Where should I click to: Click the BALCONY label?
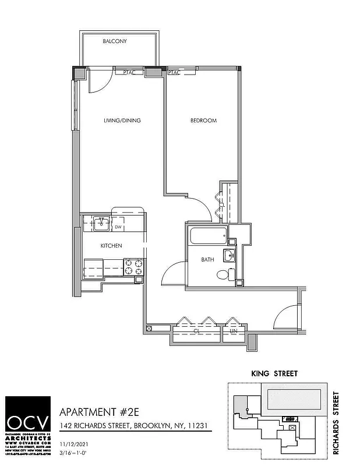(115, 42)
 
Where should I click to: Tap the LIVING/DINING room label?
(122, 121)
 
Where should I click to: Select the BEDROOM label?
(203, 121)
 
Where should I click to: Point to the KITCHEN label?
(111, 246)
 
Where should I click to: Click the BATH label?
(207, 260)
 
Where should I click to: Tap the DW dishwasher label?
(118, 227)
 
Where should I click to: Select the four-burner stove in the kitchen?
(133, 267)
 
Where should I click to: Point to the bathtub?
(207, 237)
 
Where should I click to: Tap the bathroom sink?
(231, 254)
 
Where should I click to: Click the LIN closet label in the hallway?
(234, 331)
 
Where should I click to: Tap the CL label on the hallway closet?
(197, 331)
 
